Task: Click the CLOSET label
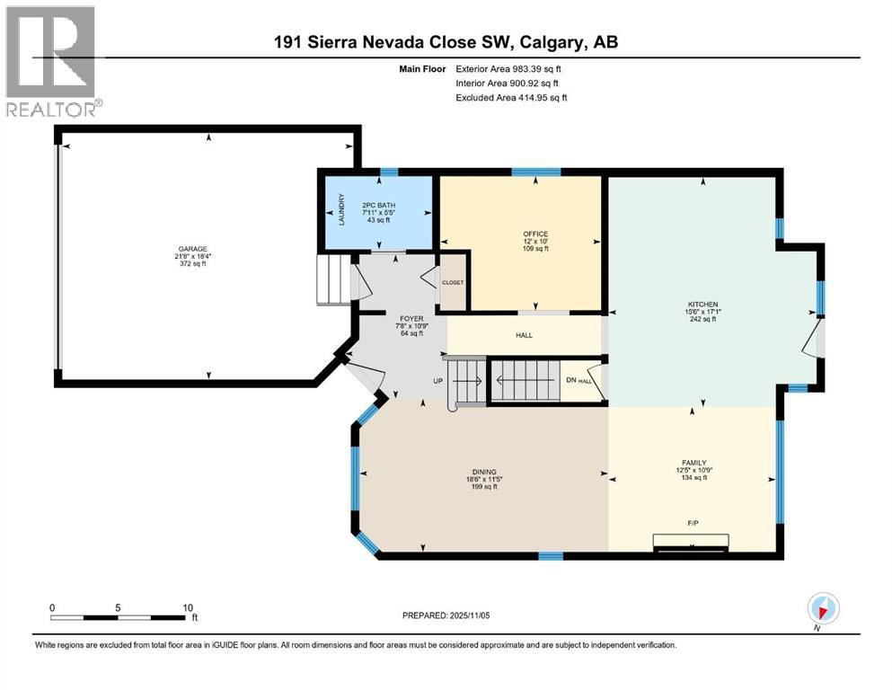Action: [x=452, y=282]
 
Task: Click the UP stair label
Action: [x=439, y=381]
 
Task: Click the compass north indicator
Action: [x=823, y=608]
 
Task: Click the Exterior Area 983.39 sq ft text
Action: [x=510, y=68]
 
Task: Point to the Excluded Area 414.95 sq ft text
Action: [x=511, y=97]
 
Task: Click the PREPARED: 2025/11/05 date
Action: [x=446, y=615]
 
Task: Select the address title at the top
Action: [x=446, y=42]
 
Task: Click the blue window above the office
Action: [x=536, y=172]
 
